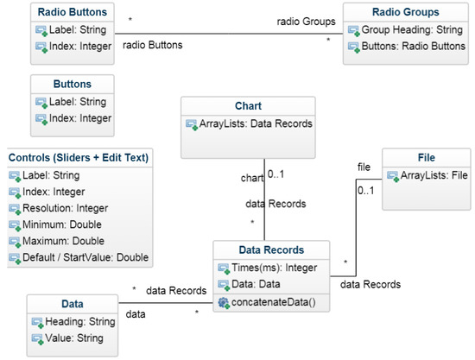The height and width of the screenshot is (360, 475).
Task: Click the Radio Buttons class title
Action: click(72, 11)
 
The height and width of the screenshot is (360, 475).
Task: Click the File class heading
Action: click(425, 158)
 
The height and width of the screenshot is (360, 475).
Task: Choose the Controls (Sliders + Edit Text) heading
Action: click(79, 157)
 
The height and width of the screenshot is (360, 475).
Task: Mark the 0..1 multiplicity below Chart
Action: click(276, 174)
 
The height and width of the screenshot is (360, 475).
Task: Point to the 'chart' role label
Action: click(252, 179)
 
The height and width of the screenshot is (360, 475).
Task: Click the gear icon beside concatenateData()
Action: click(223, 302)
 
